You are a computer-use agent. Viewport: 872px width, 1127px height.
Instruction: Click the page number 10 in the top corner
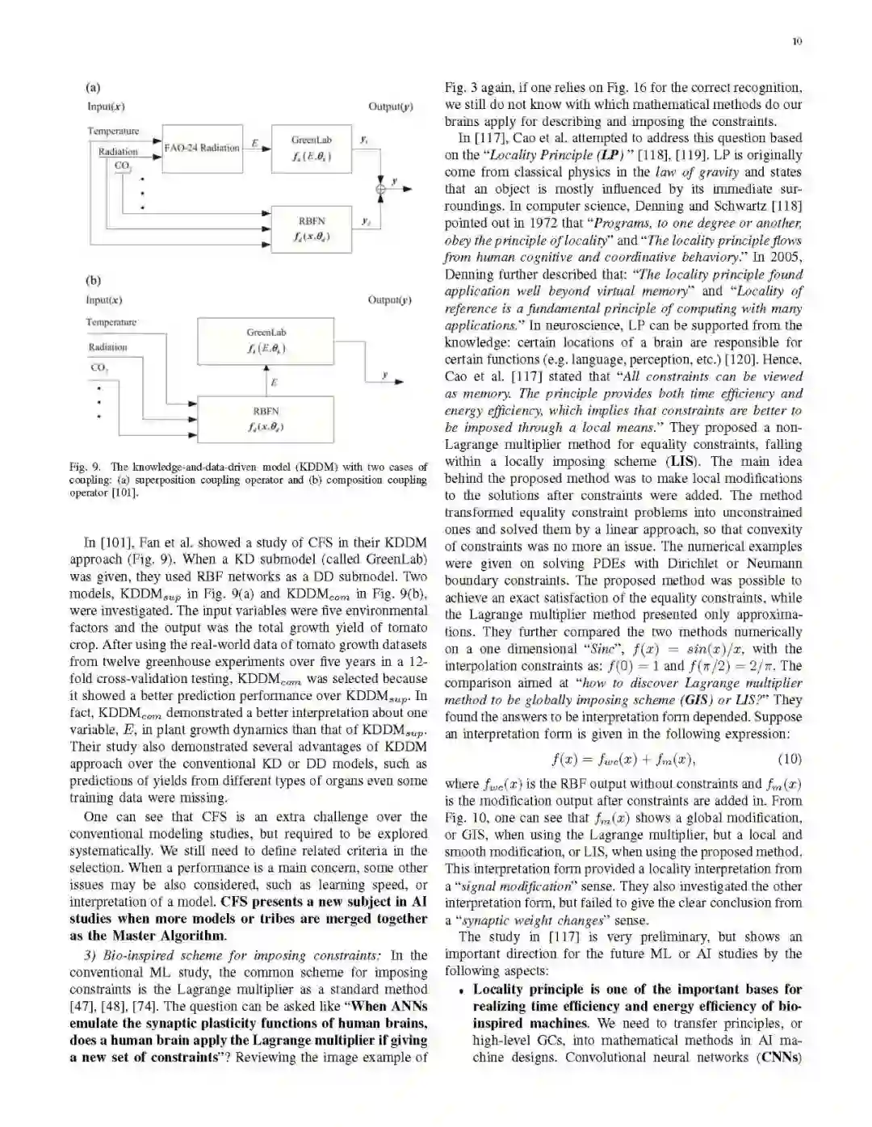tap(797, 42)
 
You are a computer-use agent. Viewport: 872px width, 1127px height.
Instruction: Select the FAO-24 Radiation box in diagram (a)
tap(202, 149)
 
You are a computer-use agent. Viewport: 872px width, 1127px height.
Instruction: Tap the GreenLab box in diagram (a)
tap(312, 148)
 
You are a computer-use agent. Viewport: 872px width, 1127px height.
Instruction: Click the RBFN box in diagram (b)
tap(266, 418)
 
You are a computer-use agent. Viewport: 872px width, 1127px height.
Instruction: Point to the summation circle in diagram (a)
tap(380, 189)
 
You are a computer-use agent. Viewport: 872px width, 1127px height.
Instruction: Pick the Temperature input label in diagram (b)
tap(111, 322)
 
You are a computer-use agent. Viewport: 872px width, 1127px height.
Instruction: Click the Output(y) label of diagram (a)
tap(391, 107)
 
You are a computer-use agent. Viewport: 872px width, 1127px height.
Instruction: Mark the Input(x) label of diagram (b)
tap(104, 300)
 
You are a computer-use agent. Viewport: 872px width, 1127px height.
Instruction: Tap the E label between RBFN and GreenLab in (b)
tap(274, 382)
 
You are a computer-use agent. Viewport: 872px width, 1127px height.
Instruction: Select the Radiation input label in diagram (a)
tap(118, 152)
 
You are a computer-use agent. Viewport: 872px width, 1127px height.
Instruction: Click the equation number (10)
tap(789, 759)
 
